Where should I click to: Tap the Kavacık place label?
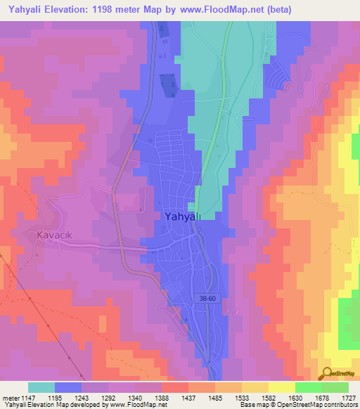(50, 235)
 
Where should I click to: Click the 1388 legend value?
(162, 398)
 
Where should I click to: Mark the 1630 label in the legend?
(295, 398)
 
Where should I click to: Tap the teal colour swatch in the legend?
(41, 387)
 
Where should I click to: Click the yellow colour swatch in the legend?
(281, 387)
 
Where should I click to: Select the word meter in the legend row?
(10, 398)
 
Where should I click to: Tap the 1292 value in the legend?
(108, 398)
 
